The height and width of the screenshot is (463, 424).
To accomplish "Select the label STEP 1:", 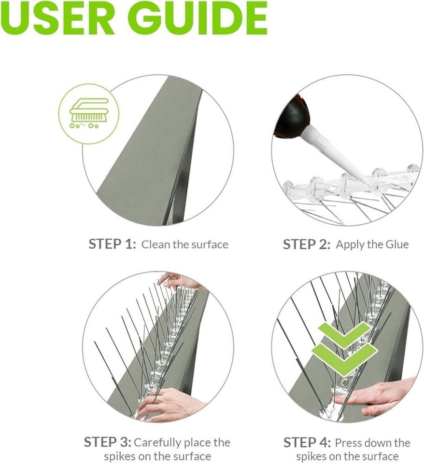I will coord(112,244).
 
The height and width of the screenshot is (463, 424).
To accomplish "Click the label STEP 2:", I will coord(307,244).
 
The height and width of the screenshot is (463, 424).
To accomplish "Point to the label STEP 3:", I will coord(107,442).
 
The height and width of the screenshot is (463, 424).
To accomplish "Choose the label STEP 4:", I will coord(307,442).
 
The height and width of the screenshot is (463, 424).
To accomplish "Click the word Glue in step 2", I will coord(396,244).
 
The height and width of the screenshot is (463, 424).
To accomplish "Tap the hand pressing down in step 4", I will coord(382,396).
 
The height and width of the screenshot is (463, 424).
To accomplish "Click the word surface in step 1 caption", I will coord(207,245).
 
